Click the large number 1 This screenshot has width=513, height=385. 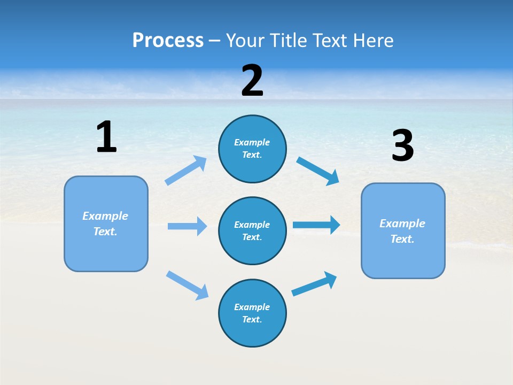tap(106, 137)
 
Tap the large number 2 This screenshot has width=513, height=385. tap(252, 81)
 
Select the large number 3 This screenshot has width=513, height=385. tap(402, 146)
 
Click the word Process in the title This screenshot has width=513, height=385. tap(168, 40)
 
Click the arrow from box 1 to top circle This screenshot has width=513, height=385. tap(186, 171)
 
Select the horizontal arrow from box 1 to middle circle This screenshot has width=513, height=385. tap(187, 226)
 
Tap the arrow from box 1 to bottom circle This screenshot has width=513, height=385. tap(187, 285)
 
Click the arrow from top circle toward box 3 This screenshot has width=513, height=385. tap(317, 171)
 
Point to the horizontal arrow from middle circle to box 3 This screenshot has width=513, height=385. tap(316, 225)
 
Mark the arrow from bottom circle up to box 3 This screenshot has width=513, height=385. tap(314, 284)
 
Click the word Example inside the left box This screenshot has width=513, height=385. tap(105, 216)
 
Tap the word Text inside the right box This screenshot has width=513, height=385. tap(402, 239)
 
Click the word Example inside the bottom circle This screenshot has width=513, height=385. tap(252, 307)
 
